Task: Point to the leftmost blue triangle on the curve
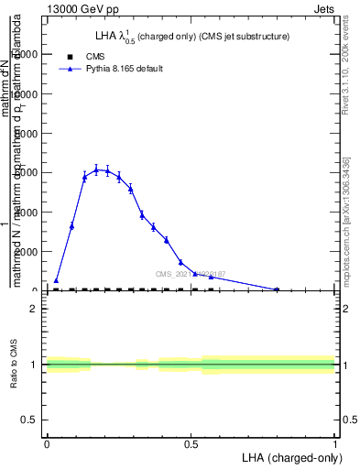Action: click(x=56, y=280)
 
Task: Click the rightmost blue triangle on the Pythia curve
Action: click(x=277, y=289)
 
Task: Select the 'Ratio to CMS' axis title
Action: click(x=15, y=364)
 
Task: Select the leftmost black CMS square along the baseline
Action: click(x=56, y=289)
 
